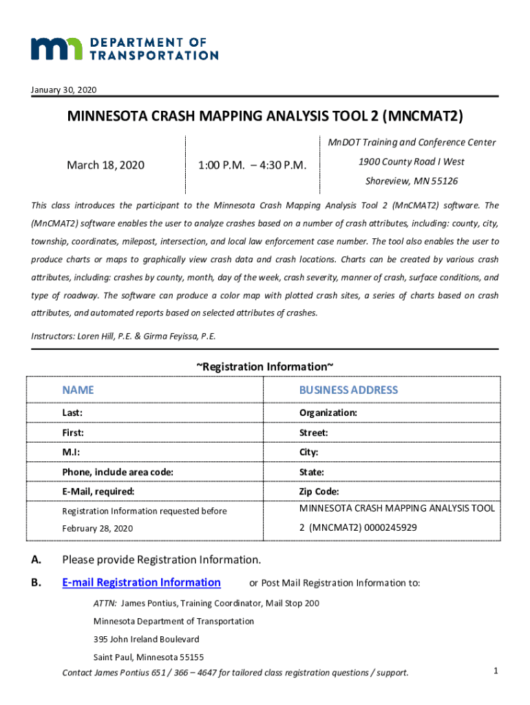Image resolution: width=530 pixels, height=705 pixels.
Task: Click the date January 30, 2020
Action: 64,90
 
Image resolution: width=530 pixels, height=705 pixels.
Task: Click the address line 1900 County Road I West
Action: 411,162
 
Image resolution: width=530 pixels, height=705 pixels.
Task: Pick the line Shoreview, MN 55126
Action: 411,181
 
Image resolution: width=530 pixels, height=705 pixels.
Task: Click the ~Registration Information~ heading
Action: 265,366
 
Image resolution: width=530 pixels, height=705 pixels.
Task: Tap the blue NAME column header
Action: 78,390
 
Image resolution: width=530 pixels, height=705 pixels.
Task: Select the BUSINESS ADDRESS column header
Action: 348,390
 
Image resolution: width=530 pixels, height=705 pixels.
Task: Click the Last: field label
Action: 72,412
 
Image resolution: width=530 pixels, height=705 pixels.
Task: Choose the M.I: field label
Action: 72,452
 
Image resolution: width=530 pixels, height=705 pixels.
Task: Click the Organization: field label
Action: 328,412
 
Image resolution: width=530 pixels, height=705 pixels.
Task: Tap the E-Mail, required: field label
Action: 98,492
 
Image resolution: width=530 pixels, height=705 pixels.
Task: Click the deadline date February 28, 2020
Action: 97,528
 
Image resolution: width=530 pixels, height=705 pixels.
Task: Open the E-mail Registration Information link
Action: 141,582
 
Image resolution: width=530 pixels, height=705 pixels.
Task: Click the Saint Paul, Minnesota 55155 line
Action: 148,657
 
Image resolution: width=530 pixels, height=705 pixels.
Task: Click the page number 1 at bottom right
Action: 496,670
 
